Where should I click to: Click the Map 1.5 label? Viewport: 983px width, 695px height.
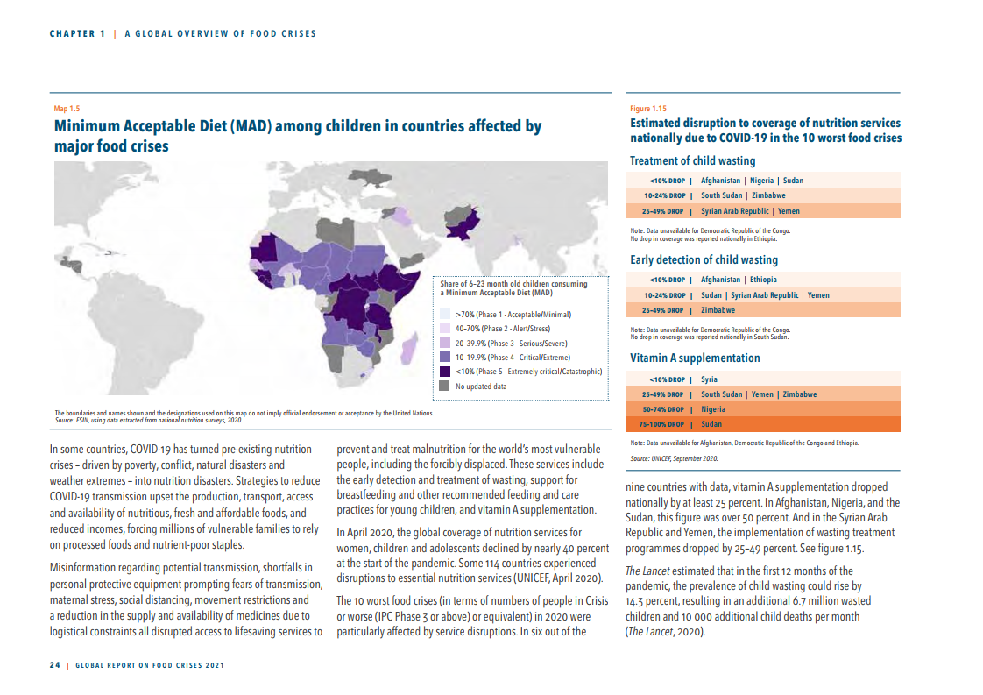pyautogui.click(x=67, y=109)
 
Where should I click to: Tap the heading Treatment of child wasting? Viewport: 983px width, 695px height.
pyautogui.click(x=692, y=161)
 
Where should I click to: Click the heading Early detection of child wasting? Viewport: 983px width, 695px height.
pyautogui.click(x=704, y=260)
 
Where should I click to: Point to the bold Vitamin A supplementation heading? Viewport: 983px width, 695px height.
pyautogui.click(x=695, y=358)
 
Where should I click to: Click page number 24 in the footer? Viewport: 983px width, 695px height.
pyautogui.click(x=54, y=665)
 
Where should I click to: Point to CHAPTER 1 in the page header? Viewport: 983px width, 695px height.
pyautogui.click(x=76, y=34)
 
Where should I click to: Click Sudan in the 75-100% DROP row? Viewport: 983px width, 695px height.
pyautogui.click(x=711, y=424)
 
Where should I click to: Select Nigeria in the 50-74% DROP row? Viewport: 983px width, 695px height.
pyautogui.click(x=713, y=409)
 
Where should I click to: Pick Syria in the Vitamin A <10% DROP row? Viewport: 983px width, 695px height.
pyautogui.click(x=709, y=379)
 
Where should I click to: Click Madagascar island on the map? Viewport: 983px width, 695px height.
pyautogui.click(x=409, y=351)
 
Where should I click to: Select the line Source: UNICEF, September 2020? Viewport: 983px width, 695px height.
pyautogui.click(x=674, y=458)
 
